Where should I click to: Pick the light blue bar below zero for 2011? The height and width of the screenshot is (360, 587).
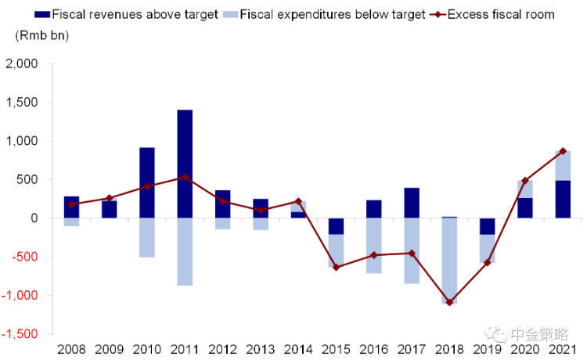[x=185, y=252]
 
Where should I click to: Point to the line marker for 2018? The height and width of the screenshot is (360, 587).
[x=449, y=302]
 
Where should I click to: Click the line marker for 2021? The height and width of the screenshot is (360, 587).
[x=563, y=151]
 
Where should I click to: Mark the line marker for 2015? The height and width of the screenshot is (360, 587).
[x=336, y=268]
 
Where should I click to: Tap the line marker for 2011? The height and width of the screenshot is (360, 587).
[x=185, y=177]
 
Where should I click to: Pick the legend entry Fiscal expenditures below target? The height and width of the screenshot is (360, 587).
[x=332, y=14]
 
